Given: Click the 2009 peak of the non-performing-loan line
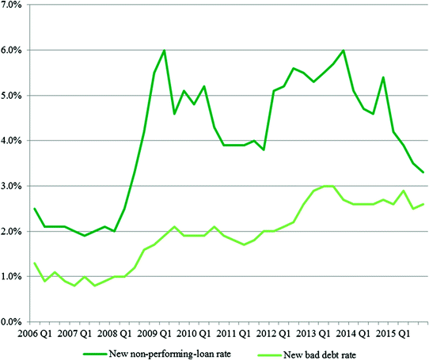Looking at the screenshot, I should [164, 51].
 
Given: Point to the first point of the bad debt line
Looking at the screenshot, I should [36, 263].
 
